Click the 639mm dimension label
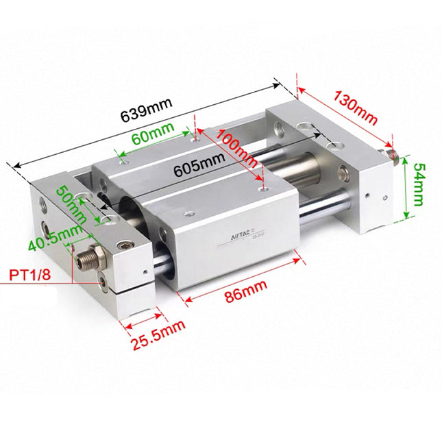(146, 110)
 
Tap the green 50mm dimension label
(71, 204)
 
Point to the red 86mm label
(245, 292)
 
